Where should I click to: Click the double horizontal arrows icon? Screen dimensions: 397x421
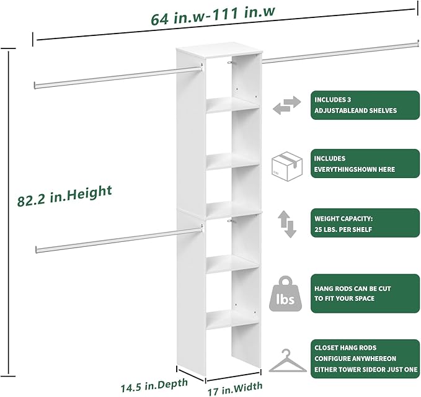[286, 105]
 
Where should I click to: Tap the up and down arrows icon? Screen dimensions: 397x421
[286, 224]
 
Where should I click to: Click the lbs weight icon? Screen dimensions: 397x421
[286, 293]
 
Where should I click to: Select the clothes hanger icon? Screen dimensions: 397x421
[286, 360]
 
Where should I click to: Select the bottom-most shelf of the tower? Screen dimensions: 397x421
[232, 318]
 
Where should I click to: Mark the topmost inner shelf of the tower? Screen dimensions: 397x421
[232, 104]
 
